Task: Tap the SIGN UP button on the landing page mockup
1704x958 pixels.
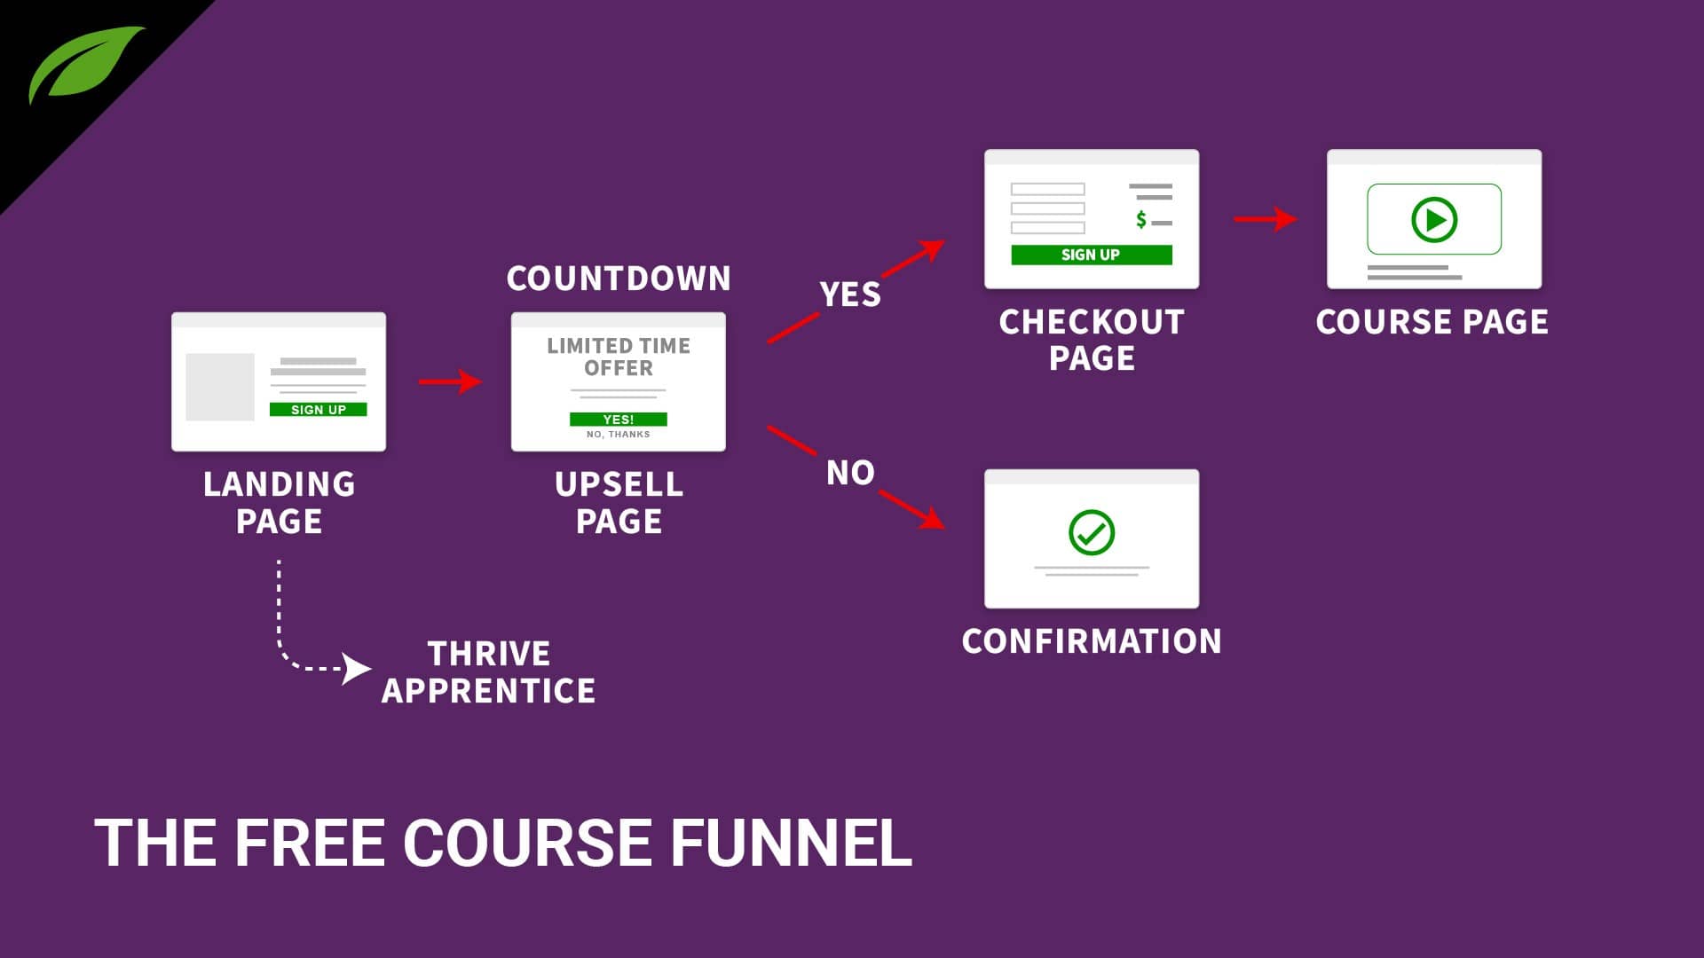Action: (x=318, y=410)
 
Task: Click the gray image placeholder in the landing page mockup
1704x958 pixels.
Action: (x=219, y=387)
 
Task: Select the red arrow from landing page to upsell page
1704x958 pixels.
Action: (x=450, y=382)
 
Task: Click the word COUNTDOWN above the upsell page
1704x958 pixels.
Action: (x=619, y=279)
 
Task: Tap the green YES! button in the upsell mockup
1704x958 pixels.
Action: (x=618, y=420)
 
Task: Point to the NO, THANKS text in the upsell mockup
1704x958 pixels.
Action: (x=618, y=435)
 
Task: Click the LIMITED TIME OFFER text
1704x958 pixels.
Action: (x=619, y=357)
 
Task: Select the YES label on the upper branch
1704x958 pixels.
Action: (x=849, y=294)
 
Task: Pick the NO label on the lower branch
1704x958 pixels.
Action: (x=849, y=473)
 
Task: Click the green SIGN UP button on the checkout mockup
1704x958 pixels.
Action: (x=1091, y=255)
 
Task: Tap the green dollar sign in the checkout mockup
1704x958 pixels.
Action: (x=1141, y=219)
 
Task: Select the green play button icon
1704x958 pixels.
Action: (x=1434, y=219)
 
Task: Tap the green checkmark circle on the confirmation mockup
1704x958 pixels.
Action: (x=1091, y=532)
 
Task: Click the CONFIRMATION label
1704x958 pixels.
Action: (x=1091, y=641)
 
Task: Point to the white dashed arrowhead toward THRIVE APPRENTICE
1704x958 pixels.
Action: (x=357, y=668)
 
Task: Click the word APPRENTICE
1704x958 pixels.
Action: (x=488, y=691)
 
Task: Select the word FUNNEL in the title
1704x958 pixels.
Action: (x=790, y=843)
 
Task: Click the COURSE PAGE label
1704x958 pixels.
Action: (x=1432, y=322)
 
